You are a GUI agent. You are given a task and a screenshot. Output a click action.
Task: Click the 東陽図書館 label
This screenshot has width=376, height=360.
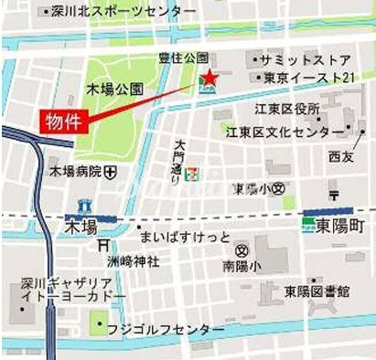click(316, 291)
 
